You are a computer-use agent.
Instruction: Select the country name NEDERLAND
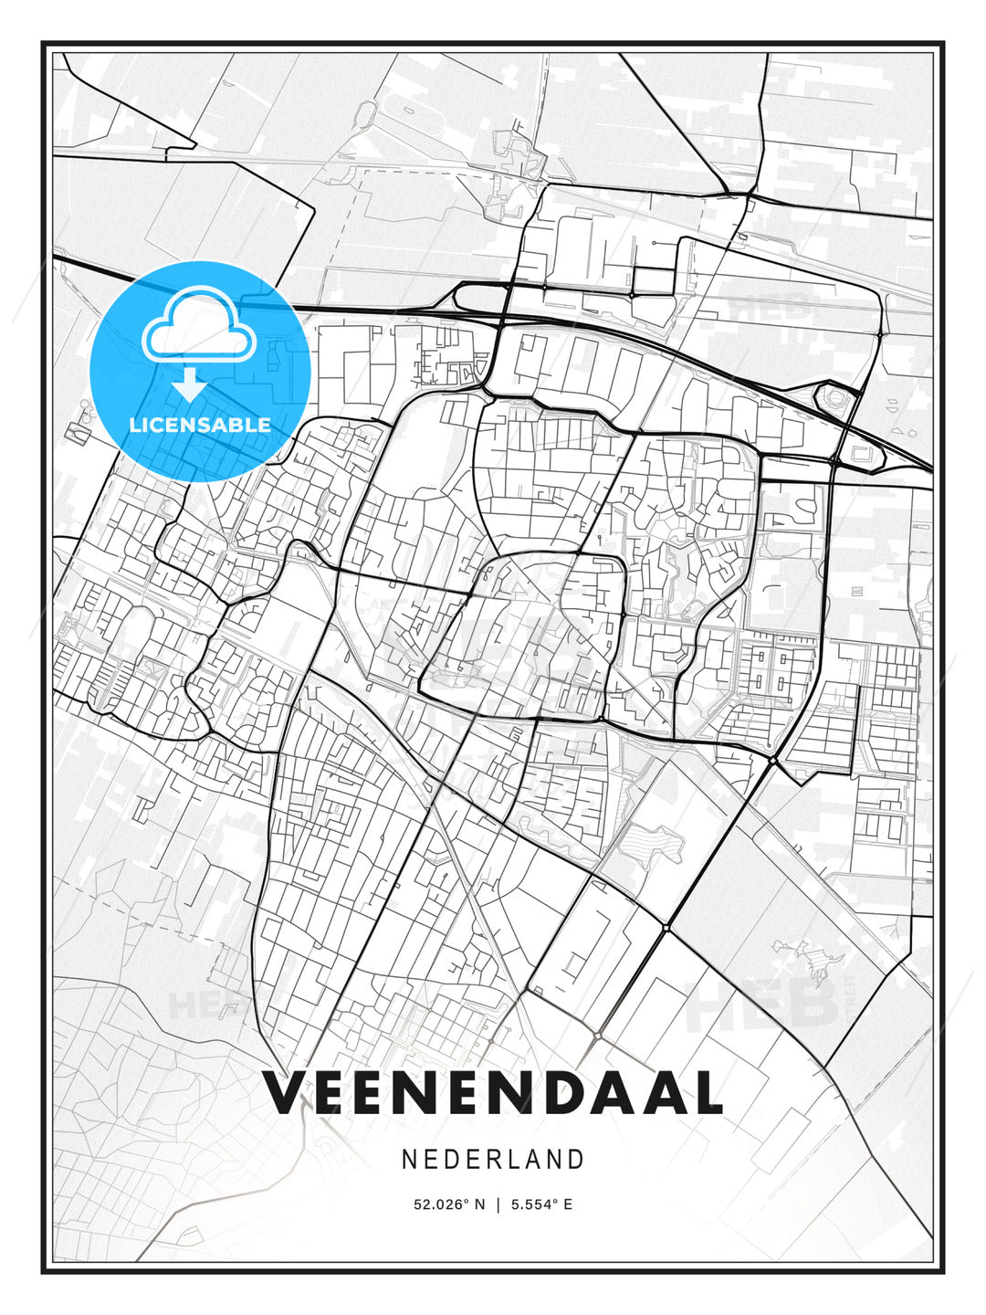pyautogui.click(x=493, y=1160)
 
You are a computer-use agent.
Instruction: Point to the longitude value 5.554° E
pyautogui.click(x=541, y=1205)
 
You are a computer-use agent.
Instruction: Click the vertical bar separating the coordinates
pyautogui.click(x=498, y=1205)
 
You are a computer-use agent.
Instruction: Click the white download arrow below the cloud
pyautogui.click(x=190, y=385)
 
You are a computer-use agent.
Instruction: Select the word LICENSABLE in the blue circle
pyautogui.click(x=200, y=425)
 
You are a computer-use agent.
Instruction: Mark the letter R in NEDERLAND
pyautogui.click(x=492, y=1160)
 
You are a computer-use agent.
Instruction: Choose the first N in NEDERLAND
pyautogui.click(x=410, y=1160)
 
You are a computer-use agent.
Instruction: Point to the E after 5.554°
pyautogui.click(x=568, y=1205)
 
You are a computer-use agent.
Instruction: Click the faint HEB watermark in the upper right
pyautogui.click(x=771, y=306)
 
